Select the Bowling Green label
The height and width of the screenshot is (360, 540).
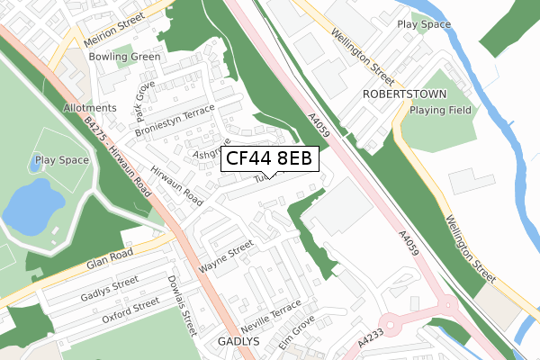point(124,57)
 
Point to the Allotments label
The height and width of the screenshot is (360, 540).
point(90,108)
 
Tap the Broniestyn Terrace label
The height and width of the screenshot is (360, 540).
point(175,121)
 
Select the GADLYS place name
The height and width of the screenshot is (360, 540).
point(238,342)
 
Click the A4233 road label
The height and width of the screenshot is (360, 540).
point(370,343)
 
